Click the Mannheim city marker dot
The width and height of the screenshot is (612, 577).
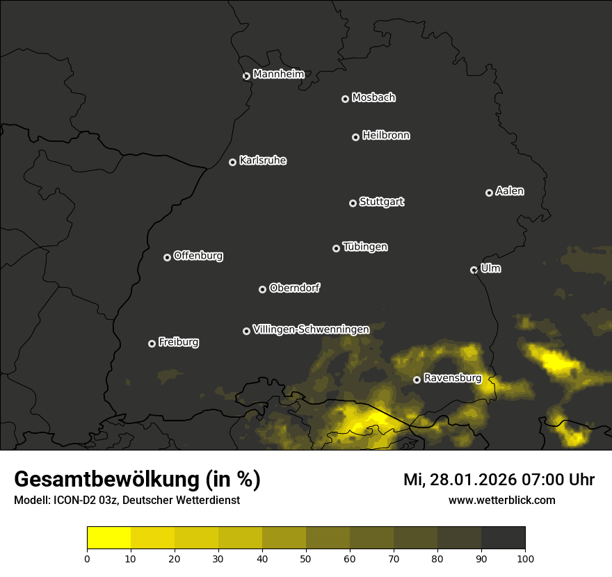[246, 76]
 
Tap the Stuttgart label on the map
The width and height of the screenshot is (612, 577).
[381, 202]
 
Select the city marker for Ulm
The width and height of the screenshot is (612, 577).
[474, 270]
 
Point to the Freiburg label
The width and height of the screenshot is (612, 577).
[178, 342]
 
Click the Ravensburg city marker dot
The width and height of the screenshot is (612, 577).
[417, 380]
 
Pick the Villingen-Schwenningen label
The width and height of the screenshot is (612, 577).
[311, 330]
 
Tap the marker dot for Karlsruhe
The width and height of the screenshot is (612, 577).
[232, 162]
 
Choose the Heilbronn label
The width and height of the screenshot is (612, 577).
[386, 136]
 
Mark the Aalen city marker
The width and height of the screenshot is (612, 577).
[489, 193]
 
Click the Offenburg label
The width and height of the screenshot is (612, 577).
[198, 256]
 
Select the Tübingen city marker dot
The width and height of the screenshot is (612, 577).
[336, 248]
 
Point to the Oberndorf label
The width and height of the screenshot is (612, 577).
[294, 288]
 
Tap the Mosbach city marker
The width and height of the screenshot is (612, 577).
[345, 99]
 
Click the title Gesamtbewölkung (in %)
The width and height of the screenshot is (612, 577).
[137, 480]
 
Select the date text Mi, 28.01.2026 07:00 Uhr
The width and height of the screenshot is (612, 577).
[499, 480]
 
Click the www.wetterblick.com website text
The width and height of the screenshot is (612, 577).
[501, 500]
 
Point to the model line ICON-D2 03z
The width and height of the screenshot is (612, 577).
[127, 500]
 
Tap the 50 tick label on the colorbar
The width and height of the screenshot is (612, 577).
[306, 558]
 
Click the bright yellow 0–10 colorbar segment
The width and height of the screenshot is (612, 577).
[109, 538]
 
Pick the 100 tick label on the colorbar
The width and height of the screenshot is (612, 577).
[525, 558]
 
